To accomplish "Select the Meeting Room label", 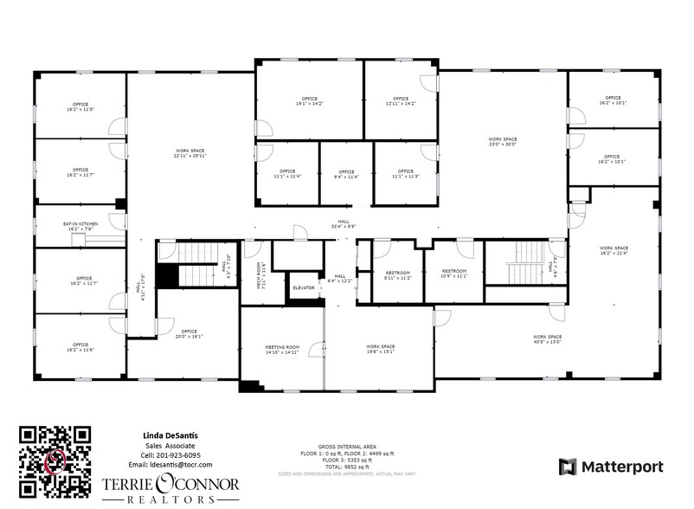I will tap(281, 350).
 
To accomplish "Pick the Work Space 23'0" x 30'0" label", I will tap(502, 142).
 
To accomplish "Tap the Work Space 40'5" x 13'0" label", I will tap(548, 338).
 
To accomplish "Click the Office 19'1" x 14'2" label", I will tap(309, 101).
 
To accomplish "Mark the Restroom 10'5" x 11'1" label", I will tap(453, 274).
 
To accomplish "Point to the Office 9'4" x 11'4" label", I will tap(346, 175).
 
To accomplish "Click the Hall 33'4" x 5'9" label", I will tap(344, 223).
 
